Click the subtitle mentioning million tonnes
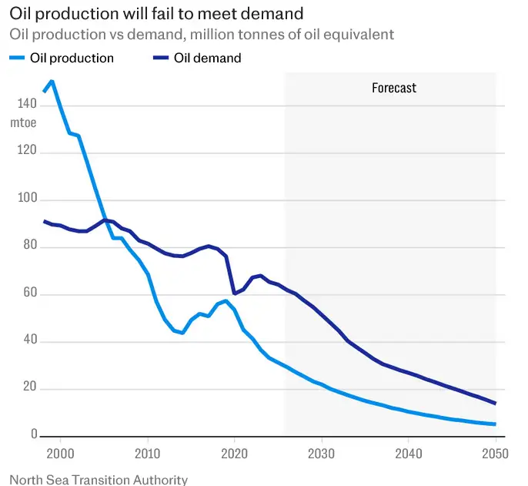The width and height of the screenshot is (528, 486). (x=202, y=34)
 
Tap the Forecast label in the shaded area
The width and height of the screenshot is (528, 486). (x=394, y=88)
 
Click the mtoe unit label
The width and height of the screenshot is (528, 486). (x=23, y=122)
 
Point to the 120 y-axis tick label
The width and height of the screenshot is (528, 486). (x=21, y=152)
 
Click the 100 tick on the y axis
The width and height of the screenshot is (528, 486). (x=21, y=199)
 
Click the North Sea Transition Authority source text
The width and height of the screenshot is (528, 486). (x=99, y=479)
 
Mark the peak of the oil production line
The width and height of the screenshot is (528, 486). (x=52, y=81)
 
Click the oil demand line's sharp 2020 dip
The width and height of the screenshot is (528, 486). (x=235, y=293)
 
